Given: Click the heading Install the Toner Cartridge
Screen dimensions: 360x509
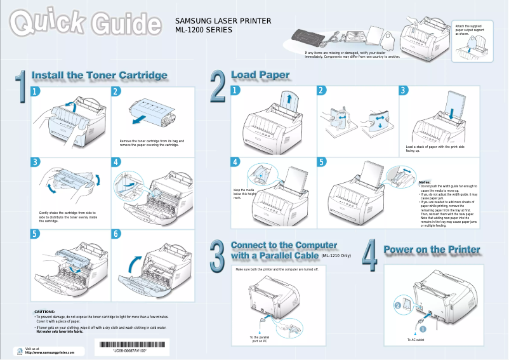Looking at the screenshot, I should pos(100,76).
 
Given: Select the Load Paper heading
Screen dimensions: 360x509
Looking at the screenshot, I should pos(260,75).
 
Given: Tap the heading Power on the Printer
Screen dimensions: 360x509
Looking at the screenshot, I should pos(432,250).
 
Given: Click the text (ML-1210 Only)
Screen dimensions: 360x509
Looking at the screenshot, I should pos(336,256).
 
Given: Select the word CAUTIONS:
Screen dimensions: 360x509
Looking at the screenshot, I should pos(44,312).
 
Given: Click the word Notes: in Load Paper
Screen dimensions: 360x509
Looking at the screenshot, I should pos(425,182).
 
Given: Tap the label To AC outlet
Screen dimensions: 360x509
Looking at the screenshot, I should pos(416,340).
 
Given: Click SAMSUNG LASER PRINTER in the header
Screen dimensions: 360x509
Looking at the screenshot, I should pos(223,21).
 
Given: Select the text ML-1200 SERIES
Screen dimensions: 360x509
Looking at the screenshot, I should pos(203,30).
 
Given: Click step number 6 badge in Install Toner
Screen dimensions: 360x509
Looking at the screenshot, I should pos(116,234).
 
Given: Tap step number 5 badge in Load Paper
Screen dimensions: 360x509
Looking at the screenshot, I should pos(322,162).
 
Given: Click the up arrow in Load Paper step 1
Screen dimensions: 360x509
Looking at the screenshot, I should pos(289,98).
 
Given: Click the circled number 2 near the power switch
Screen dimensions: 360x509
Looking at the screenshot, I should pos(398,306).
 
